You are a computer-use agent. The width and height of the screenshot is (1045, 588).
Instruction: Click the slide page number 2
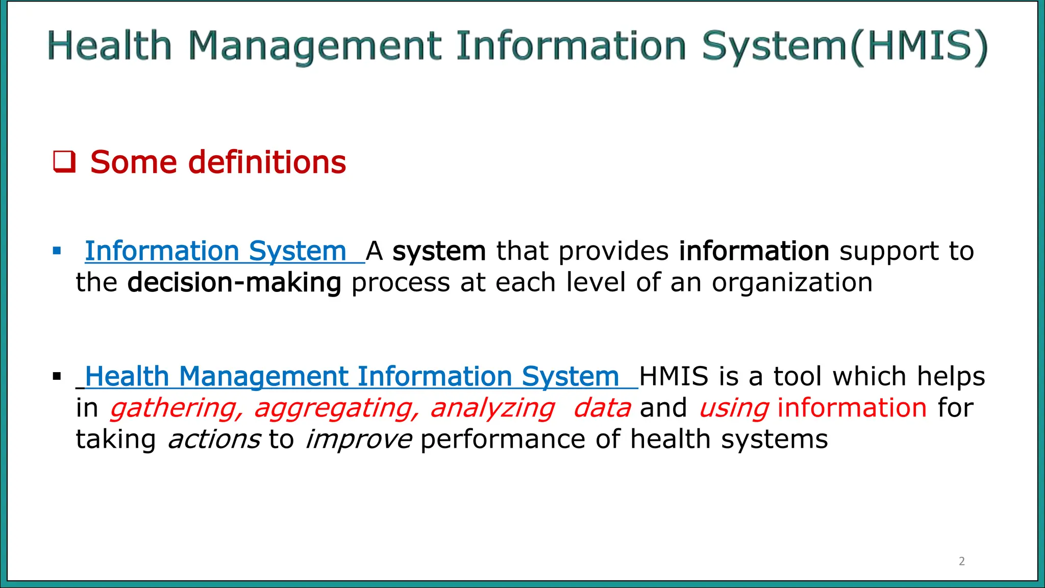click(x=962, y=561)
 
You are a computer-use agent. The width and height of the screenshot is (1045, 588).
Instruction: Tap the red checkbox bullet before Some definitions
click(x=65, y=162)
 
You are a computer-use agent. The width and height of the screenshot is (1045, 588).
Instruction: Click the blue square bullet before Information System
click(x=57, y=251)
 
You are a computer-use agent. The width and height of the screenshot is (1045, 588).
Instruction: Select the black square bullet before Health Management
click(x=57, y=377)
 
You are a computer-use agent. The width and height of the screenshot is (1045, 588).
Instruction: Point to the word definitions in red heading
click(x=267, y=162)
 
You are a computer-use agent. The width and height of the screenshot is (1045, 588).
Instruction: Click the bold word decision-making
click(x=234, y=283)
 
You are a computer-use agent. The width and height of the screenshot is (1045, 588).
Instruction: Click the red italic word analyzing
click(x=492, y=408)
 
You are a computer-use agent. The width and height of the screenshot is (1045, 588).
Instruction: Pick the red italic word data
click(x=602, y=408)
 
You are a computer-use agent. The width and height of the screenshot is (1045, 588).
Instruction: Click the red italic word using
click(x=734, y=408)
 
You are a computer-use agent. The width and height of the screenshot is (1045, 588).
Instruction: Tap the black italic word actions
click(x=214, y=439)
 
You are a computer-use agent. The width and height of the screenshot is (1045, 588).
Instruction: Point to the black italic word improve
click(x=358, y=439)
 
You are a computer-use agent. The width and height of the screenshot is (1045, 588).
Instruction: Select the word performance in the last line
click(x=503, y=439)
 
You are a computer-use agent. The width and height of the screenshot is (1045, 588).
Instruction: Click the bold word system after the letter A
click(x=439, y=251)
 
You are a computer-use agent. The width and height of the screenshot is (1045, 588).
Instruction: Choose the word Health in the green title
click(x=110, y=46)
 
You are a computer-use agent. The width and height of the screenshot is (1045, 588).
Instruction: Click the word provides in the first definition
click(x=613, y=251)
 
